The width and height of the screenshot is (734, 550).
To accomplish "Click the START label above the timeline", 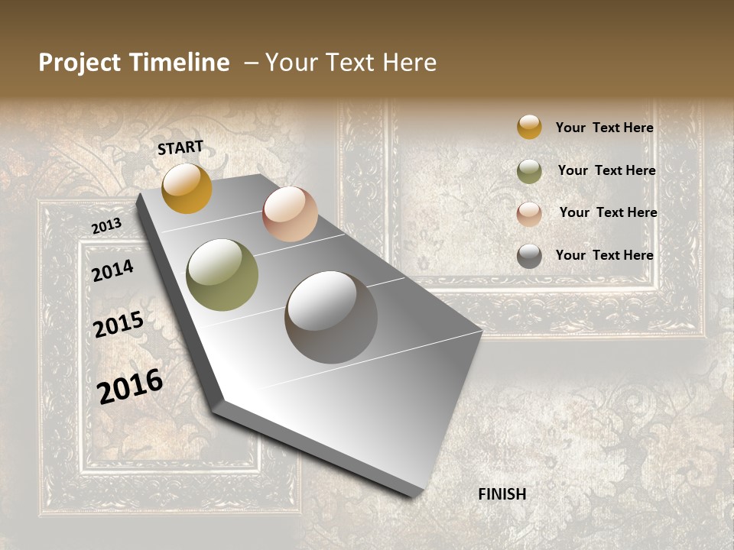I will coord(180,147).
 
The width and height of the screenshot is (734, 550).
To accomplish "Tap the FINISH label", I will coord(502,494).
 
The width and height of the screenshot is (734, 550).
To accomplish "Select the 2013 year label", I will coord(106,226).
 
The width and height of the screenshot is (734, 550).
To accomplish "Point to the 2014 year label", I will coord(112,271).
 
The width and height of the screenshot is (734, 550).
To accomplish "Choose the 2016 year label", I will coord(130,387).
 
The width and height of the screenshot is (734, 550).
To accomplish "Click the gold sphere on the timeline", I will coord(187,188).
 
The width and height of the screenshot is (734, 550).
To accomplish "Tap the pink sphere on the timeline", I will coord(290,214).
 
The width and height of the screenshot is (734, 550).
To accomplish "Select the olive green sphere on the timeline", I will coord(222,275).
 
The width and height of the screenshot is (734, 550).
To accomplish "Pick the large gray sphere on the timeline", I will coord(331,317).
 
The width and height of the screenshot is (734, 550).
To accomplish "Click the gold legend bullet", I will coord(529,127).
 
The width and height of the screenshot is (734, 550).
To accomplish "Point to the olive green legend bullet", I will coord(529,171).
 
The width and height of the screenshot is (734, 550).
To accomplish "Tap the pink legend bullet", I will coord(529,214).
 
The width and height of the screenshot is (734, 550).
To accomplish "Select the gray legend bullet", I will coord(529,256).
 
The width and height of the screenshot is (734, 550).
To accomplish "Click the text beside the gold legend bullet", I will coord(604,128).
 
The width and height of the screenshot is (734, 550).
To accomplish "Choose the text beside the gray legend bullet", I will coord(604,255).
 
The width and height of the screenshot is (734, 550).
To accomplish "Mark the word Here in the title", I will coord(410,63).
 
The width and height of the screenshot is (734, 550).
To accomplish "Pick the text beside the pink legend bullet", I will coord(608,212).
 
